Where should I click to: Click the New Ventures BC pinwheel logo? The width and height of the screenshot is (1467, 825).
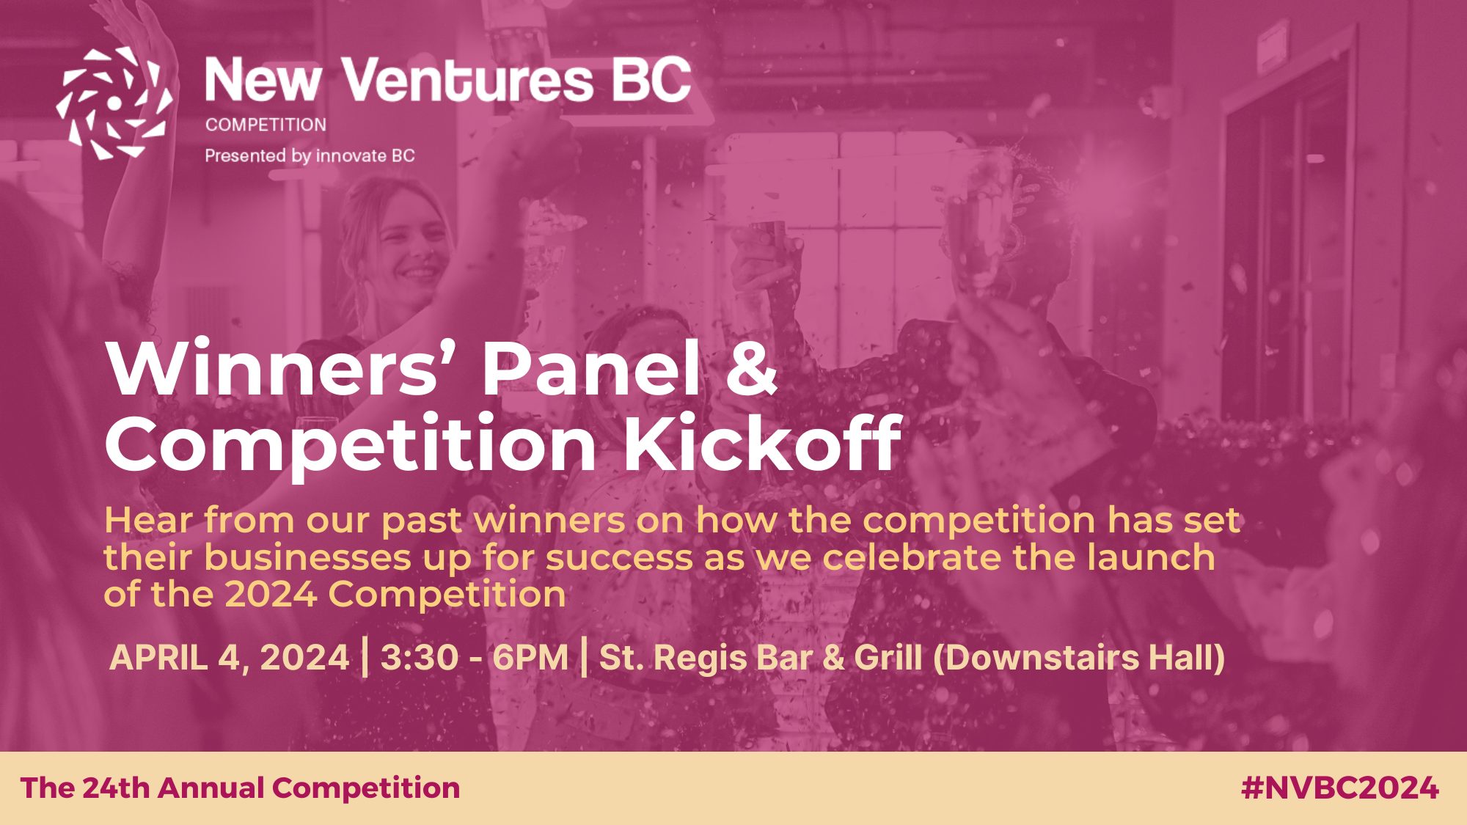coord(114,103)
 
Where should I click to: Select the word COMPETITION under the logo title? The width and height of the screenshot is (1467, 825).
coord(266,125)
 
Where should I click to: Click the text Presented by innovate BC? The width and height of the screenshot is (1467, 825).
coord(310,155)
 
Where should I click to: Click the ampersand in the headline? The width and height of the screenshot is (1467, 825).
coord(750,370)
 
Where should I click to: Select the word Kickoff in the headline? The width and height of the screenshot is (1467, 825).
coord(761,444)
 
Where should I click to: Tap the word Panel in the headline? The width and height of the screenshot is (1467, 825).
coord(591,370)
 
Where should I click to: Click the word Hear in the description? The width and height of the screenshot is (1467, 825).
coord(150,520)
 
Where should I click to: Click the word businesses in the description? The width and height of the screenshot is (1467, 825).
coord(307,557)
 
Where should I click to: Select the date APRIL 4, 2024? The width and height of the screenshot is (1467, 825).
coord(229,657)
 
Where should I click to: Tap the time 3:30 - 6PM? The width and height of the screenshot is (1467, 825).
coord(475,657)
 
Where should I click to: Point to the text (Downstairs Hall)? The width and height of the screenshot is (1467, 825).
coord(1079,658)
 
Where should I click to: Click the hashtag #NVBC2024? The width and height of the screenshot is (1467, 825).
coord(1340,788)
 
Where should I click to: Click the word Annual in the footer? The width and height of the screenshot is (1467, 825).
coord(210,788)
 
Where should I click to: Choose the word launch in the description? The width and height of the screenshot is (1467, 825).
coord(1151,557)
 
